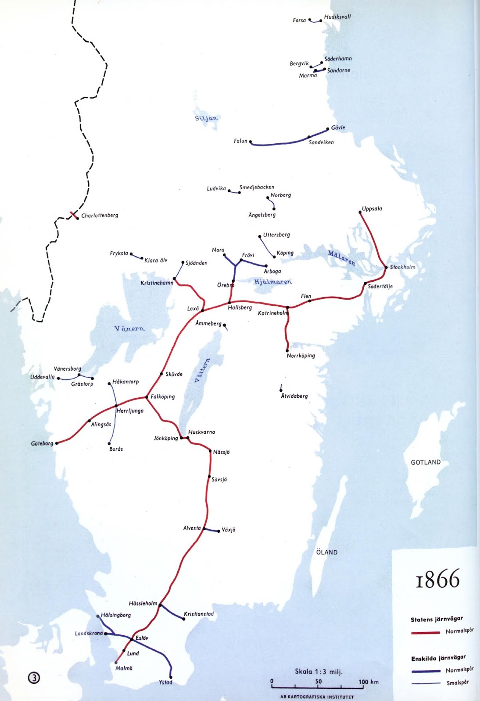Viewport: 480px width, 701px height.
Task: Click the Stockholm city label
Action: point(402,267)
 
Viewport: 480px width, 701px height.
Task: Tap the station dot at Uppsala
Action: point(360,212)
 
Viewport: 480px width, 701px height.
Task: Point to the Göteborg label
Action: point(42,443)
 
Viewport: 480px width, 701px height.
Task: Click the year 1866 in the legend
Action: point(437,579)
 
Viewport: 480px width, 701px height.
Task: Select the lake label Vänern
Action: point(129,329)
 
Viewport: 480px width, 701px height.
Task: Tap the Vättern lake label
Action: point(202,371)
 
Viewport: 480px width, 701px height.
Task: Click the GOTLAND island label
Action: point(425,462)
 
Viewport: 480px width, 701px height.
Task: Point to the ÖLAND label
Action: point(327,552)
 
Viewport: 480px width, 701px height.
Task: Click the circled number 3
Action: point(34,678)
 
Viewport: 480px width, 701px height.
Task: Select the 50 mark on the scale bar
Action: point(318,682)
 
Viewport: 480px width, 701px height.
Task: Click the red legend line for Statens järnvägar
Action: point(425,633)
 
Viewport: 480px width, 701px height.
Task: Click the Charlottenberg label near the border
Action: point(100,216)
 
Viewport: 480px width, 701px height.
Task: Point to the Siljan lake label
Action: point(206,118)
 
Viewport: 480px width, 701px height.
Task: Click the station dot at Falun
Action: point(251,142)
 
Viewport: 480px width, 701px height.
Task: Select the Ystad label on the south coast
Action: point(165,682)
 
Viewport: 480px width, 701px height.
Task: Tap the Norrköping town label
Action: point(301,356)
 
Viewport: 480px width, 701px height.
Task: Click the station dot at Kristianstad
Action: point(183,619)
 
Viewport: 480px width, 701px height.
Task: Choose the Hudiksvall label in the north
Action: point(337,17)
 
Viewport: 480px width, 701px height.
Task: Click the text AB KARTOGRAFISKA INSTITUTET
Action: point(317,697)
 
